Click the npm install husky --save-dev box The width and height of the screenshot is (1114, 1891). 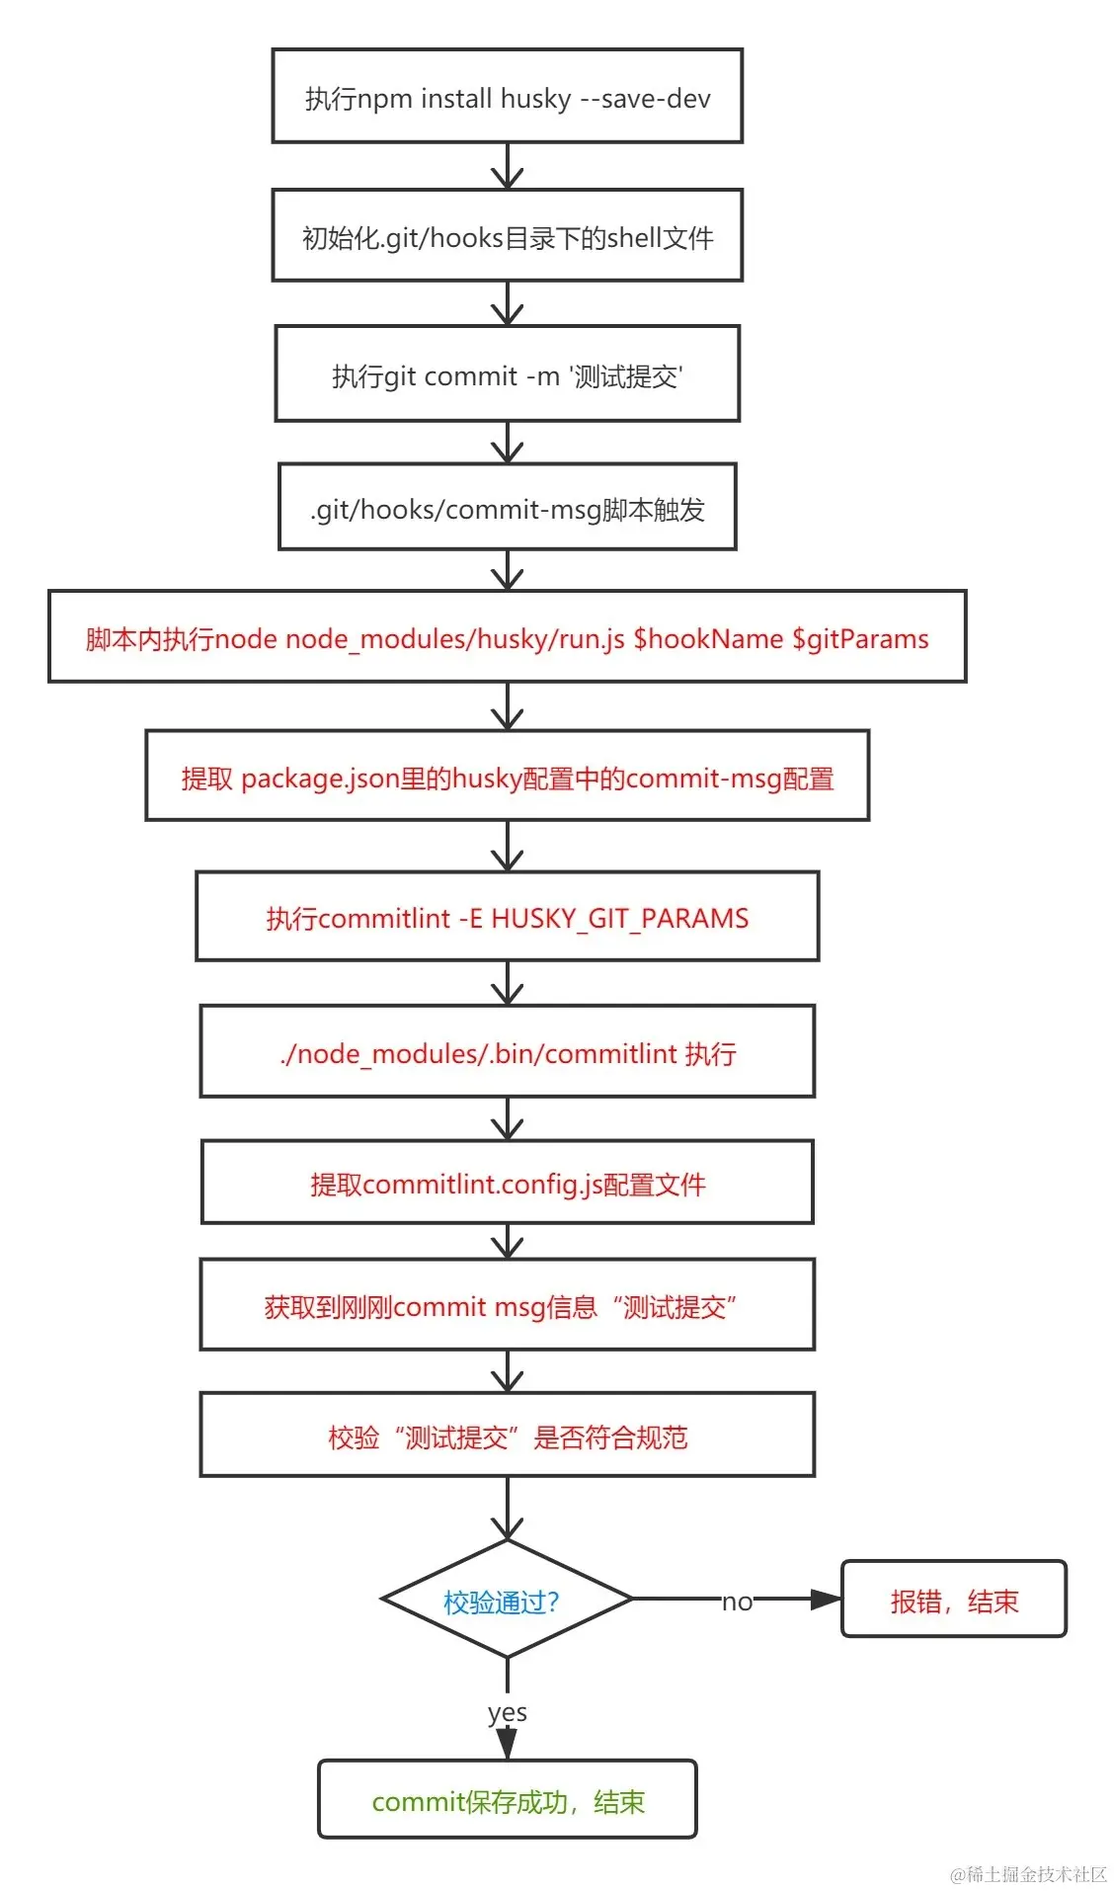coord(507,97)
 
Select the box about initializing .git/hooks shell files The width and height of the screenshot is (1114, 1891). coord(507,236)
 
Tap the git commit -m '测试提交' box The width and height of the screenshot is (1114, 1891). coord(507,374)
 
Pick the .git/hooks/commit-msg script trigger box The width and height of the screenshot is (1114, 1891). coord(507,508)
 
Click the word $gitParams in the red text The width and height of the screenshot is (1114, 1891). coord(860,639)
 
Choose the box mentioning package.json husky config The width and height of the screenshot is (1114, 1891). coord(507,777)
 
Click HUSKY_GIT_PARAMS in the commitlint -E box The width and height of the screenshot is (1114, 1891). coord(620,918)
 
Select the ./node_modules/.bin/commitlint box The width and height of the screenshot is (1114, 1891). coord(507,1052)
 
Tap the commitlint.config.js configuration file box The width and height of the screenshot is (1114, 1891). coord(507,1183)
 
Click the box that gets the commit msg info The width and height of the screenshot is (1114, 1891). coord(507,1305)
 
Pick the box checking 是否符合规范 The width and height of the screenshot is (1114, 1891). coord(507,1436)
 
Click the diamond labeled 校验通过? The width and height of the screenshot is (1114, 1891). coord(505,1600)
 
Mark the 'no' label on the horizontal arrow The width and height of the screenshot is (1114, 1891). coord(737,1602)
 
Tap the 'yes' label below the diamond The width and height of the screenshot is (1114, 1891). coord(507,1712)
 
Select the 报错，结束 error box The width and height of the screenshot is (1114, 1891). coord(953,1600)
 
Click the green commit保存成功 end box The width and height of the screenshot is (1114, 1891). coord(507,1800)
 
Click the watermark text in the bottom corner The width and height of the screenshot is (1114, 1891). coord(1028,1873)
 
